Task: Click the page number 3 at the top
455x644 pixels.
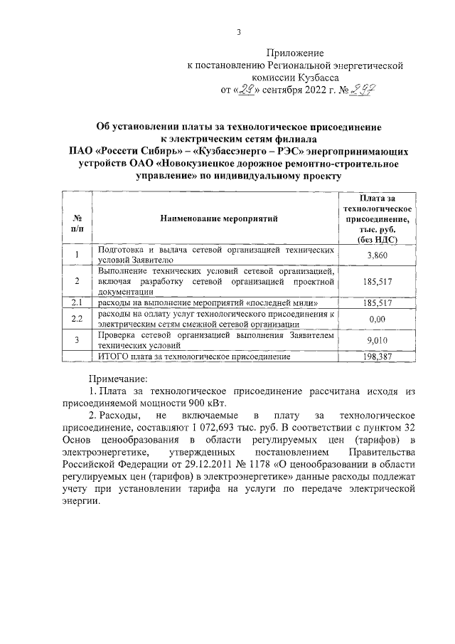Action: coord(238,32)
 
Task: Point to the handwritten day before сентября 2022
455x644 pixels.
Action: coord(246,90)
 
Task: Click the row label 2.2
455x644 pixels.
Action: coord(76,319)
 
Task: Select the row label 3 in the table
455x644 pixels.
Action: coord(76,340)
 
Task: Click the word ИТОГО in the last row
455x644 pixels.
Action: coord(113,356)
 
